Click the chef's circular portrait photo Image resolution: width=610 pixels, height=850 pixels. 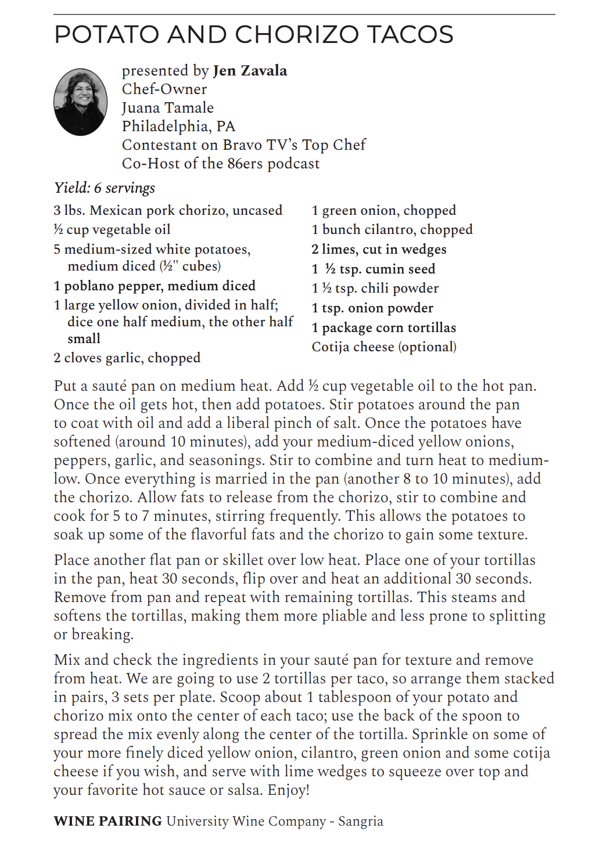(80, 102)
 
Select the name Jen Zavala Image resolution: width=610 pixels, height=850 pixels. (250, 71)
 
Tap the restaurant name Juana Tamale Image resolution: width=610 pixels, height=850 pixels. (167, 108)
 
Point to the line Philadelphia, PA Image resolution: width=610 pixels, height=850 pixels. (178, 127)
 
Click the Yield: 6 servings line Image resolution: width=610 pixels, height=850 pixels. (105, 188)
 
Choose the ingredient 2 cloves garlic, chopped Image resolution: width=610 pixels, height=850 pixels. (127, 358)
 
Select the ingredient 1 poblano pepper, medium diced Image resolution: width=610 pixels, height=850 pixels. (155, 286)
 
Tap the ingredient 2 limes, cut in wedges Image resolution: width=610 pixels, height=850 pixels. (379, 250)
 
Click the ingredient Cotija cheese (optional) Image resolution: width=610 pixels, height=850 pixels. (384, 347)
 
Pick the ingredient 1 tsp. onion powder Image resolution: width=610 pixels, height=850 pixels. (372, 308)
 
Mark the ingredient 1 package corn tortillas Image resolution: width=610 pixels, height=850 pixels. (383, 328)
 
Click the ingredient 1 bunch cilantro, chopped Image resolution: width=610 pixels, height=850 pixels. (392, 230)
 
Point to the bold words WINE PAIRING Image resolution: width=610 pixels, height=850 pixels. (107, 821)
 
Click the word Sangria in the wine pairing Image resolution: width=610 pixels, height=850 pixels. (360, 821)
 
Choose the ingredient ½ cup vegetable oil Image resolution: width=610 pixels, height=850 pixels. (112, 230)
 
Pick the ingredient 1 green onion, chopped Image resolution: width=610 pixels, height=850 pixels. (383, 210)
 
